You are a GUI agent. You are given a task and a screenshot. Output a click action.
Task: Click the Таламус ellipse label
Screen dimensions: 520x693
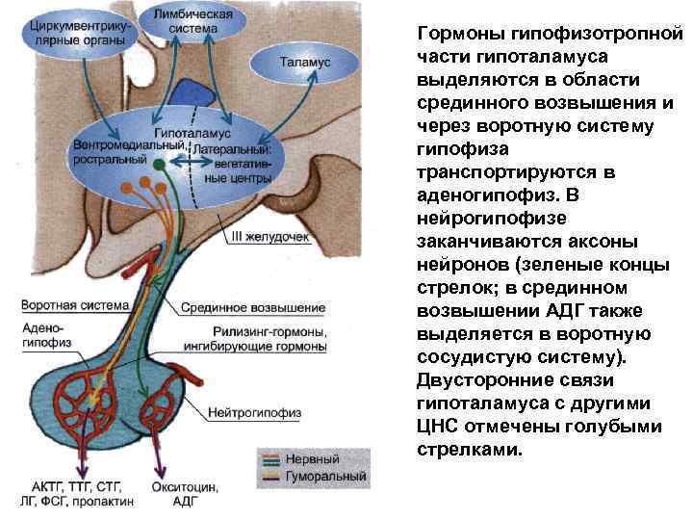click(x=305, y=62)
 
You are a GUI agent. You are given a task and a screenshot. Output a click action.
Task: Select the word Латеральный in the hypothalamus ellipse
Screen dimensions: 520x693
click(x=233, y=149)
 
